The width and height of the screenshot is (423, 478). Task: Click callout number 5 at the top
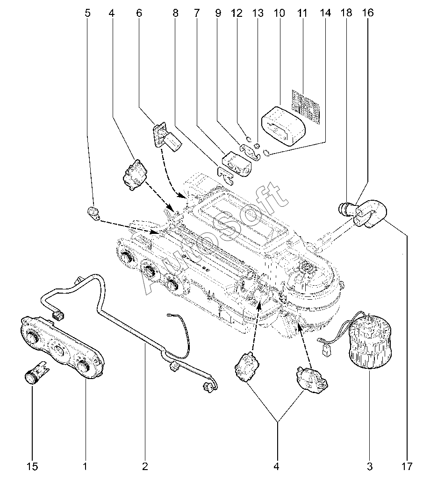[87, 13]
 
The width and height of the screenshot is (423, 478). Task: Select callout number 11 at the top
[301, 13]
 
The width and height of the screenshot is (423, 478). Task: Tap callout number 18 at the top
[346, 13]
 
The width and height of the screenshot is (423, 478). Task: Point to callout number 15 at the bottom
[32, 465]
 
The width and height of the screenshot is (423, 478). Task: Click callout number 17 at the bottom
[407, 465]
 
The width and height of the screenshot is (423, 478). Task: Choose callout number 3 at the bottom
[369, 465]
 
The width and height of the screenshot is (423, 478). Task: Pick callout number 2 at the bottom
[145, 465]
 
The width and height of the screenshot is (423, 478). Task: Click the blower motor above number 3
[369, 340]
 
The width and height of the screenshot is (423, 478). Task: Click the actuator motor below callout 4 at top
[135, 175]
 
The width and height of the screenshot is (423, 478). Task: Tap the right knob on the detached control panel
[84, 366]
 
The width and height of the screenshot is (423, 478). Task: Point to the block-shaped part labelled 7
[237, 165]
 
